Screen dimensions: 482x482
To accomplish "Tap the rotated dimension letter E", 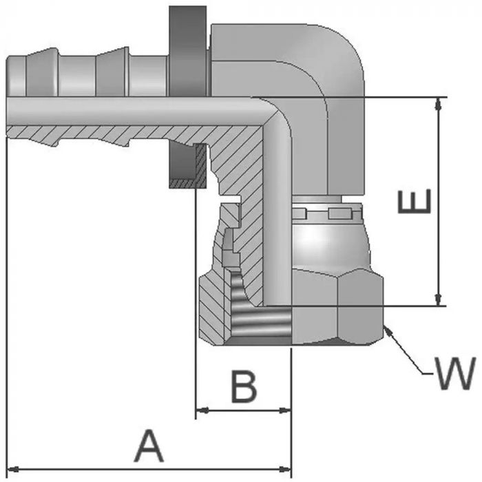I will click(416, 201).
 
